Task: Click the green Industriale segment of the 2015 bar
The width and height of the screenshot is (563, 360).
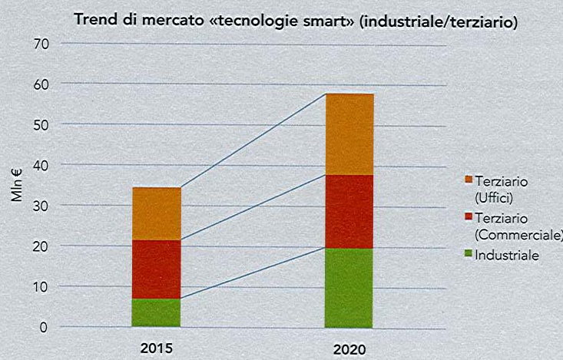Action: point(156,312)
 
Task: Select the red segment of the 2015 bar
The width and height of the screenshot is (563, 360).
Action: point(156,269)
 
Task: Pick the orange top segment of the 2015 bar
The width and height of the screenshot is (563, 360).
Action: point(156,213)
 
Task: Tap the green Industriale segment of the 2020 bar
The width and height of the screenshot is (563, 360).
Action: point(349,287)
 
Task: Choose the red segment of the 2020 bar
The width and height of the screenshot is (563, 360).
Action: point(349,211)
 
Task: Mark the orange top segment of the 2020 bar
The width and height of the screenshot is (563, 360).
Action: point(349,134)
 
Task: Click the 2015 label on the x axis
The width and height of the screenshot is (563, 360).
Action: point(156,348)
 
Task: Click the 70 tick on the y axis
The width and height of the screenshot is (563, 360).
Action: point(41,45)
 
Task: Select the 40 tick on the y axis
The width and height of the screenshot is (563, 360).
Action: point(41,164)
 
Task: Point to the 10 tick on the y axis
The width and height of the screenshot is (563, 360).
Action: point(41,286)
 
